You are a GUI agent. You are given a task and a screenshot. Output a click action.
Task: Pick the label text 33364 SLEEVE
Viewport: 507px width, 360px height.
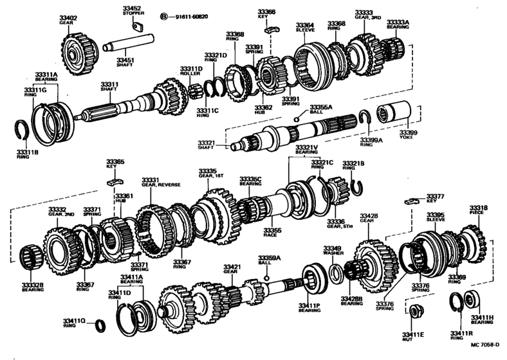tap(305, 28)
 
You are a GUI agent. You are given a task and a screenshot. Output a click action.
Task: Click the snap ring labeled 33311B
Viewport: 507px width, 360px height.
tap(22, 132)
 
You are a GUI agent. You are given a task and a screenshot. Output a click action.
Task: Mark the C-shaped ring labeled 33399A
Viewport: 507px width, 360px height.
tap(365, 116)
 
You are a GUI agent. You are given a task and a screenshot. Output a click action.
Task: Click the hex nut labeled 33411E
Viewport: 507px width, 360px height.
tap(414, 312)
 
